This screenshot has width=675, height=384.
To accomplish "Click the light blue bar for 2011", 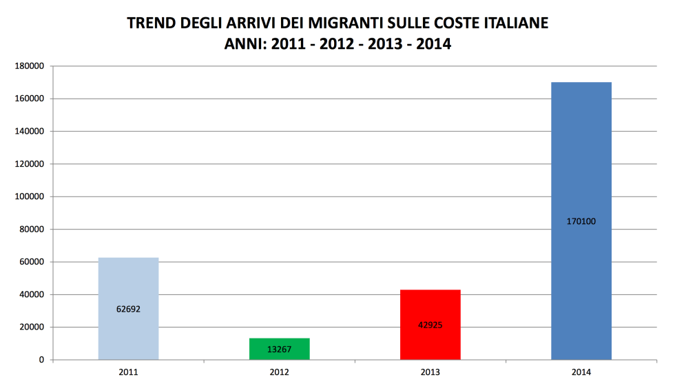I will pyautogui.click(x=128, y=283).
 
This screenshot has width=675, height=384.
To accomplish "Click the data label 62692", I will pyautogui.click(x=128, y=309).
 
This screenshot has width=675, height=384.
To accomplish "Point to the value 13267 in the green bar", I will pyautogui.click(x=279, y=350).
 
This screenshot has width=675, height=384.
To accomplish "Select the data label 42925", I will pyautogui.click(x=430, y=325).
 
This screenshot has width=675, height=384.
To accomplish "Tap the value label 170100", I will pyautogui.click(x=581, y=221).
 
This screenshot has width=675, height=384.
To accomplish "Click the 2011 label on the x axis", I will pyautogui.click(x=128, y=372).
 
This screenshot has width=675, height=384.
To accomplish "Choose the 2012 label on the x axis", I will pyautogui.click(x=279, y=372).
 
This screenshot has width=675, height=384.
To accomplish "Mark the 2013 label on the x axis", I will pyautogui.click(x=430, y=372).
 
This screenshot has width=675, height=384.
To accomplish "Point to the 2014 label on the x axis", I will pyautogui.click(x=581, y=372).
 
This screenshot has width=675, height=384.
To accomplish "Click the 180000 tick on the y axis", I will pyautogui.click(x=30, y=66).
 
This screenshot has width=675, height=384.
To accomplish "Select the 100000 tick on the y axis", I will pyautogui.click(x=30, y=196).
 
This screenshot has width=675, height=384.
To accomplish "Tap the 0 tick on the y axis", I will pyautogui.click(x=41, y=360).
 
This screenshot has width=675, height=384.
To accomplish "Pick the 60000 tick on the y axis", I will pyautogui.click(x=32, y=262).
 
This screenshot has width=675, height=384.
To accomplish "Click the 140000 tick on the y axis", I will pyautogui.click(x=30, y=131).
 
